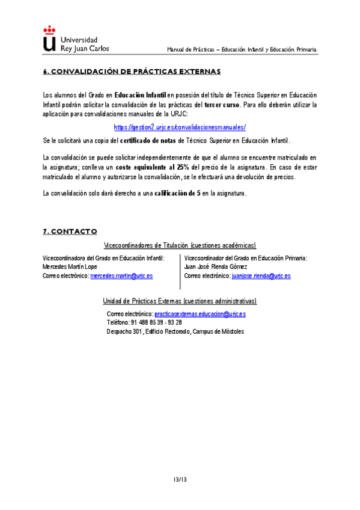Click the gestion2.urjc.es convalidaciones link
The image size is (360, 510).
[x=180, y=127]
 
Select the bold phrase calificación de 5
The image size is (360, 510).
[x=177, y=194]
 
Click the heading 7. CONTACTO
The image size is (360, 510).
[x=70, y=232]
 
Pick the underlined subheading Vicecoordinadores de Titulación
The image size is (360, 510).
[x=180, y=245]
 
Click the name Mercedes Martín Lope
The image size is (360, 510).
[x=70, y=266]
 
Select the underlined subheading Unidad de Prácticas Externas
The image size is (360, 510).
[x=180, y=301]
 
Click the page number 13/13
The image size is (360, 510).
[x=180, y=479]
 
